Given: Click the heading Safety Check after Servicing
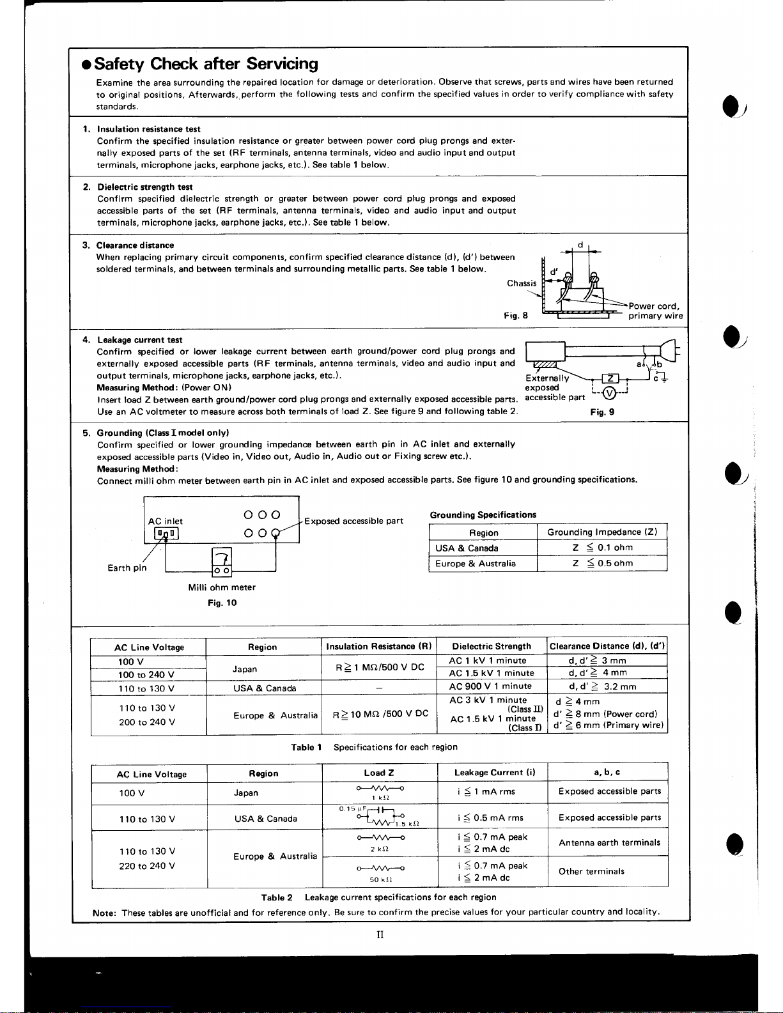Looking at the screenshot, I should point(206,64).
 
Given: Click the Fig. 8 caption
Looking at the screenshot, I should point(515,316).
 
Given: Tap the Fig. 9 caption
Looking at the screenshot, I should point(602,412).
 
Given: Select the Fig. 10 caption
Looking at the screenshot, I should point(222,603).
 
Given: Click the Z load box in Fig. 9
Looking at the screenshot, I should point(610,379).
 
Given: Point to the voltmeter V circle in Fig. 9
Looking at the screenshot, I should point(609,392).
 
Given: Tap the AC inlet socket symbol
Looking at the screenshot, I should point(164,534).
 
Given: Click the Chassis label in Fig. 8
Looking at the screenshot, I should point(522,283).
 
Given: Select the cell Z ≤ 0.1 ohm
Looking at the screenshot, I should point(602,548).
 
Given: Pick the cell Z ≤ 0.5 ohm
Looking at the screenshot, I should point(602,563).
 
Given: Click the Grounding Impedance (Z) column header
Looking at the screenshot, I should point(601,532).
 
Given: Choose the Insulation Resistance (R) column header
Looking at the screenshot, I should point(378,646).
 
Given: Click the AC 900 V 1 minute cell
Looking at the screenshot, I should point(490,686).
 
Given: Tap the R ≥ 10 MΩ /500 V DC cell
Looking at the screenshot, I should point(380,714).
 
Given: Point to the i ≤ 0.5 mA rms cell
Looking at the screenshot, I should point(490,817).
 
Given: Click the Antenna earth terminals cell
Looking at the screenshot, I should point(609,843).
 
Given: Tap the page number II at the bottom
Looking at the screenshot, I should point(380,935).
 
